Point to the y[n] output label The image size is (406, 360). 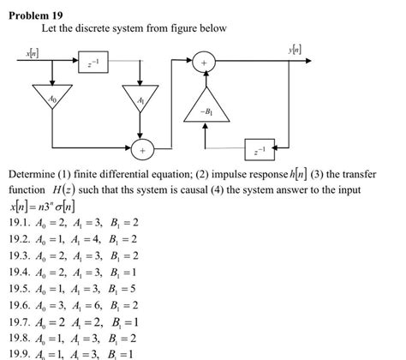pyautogui.click(x=296, y=50)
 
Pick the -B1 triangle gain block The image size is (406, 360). pyautogui.click(x=206, y=108)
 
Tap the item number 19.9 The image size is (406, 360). pyautogui.click(x=20, y=353)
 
